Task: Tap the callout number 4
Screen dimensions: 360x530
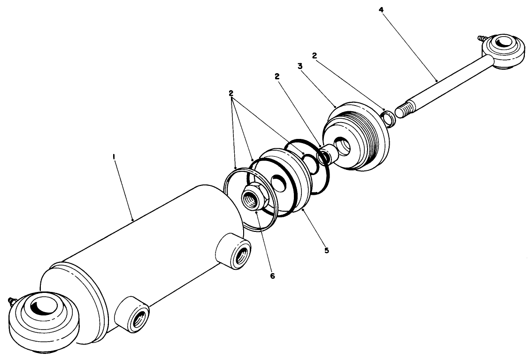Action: coord(382,10)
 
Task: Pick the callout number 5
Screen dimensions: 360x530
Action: coord(327,250)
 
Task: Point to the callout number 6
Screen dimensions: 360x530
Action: coord(272,276)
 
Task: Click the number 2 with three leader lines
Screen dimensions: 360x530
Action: coord(231,93)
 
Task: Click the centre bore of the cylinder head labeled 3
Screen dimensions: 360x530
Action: coord(343,147)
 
